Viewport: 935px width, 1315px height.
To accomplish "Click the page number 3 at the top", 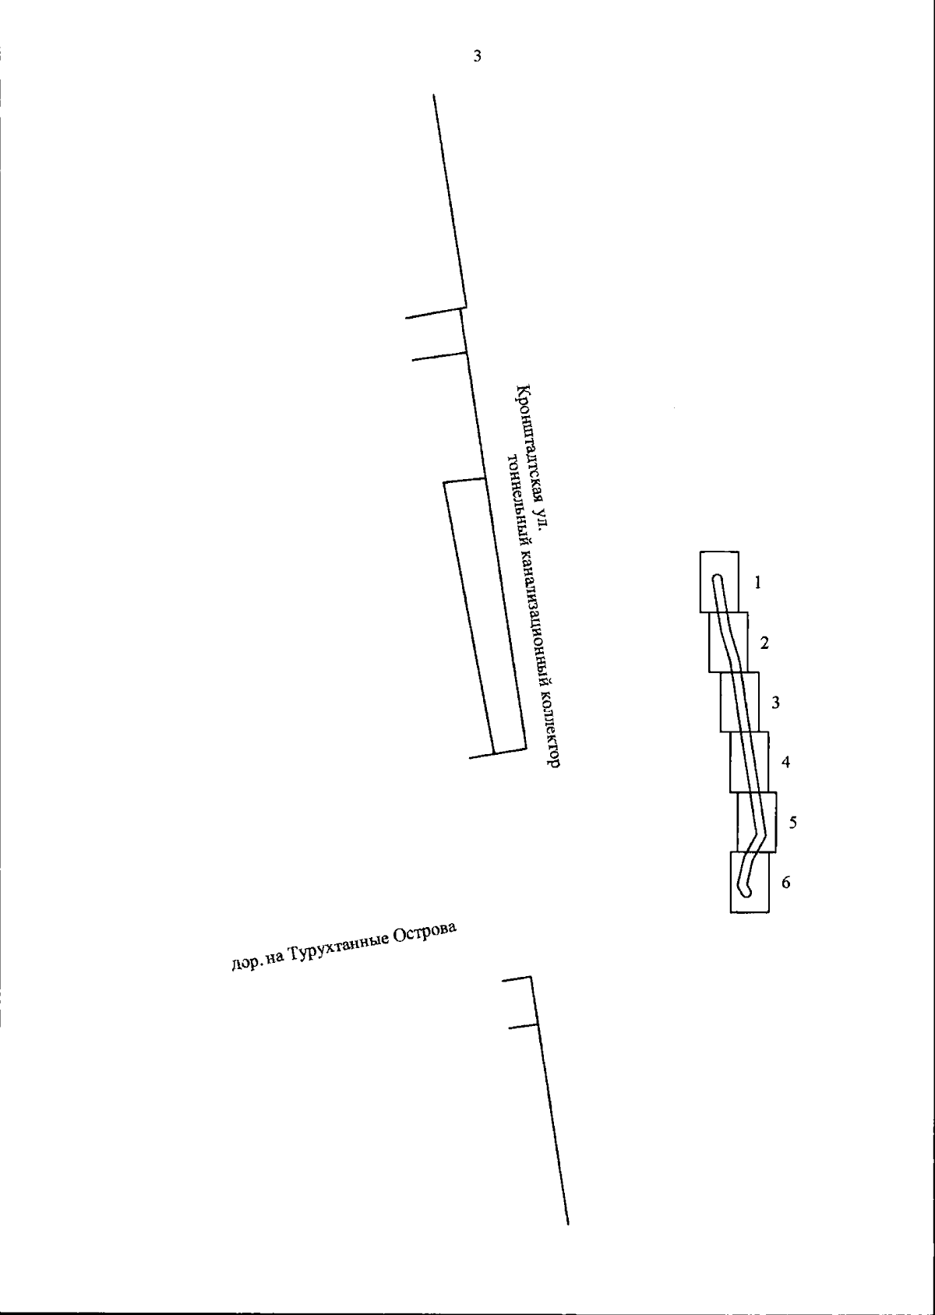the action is [x=477, y=56].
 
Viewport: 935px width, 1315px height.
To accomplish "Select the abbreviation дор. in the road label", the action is [x=243, y=964].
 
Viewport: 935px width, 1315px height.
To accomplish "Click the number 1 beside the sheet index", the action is [x=757, y=583].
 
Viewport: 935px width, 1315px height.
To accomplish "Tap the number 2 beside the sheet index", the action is [x=764, y=643].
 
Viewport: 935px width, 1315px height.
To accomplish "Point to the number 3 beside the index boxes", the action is [x=775, y=702].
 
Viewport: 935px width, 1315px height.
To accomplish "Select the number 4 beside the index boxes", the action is [x=785, y=762].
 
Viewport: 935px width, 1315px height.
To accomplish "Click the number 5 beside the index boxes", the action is [x=793, y=823].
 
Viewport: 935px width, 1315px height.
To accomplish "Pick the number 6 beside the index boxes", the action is [x=786, y=883].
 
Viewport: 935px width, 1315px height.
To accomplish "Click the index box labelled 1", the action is [x=700, y=582].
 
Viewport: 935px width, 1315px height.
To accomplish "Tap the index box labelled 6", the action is [x=731, y=882].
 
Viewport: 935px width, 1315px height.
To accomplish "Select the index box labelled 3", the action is [x=721, y=702].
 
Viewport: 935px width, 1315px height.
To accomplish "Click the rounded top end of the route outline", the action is [x=717, y=576].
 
